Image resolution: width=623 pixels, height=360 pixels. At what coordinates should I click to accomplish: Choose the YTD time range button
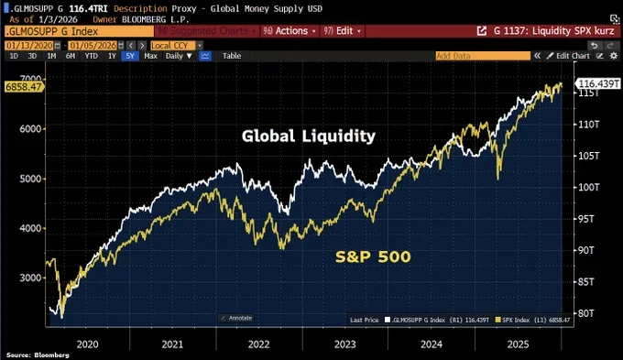[x=91, y=56]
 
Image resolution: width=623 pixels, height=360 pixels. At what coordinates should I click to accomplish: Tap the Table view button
[x=232, y=56]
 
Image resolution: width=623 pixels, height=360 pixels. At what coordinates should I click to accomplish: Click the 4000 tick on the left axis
[x=29, y=228]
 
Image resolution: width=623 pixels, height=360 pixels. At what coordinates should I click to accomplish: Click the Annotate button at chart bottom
[x=237, y=318]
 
